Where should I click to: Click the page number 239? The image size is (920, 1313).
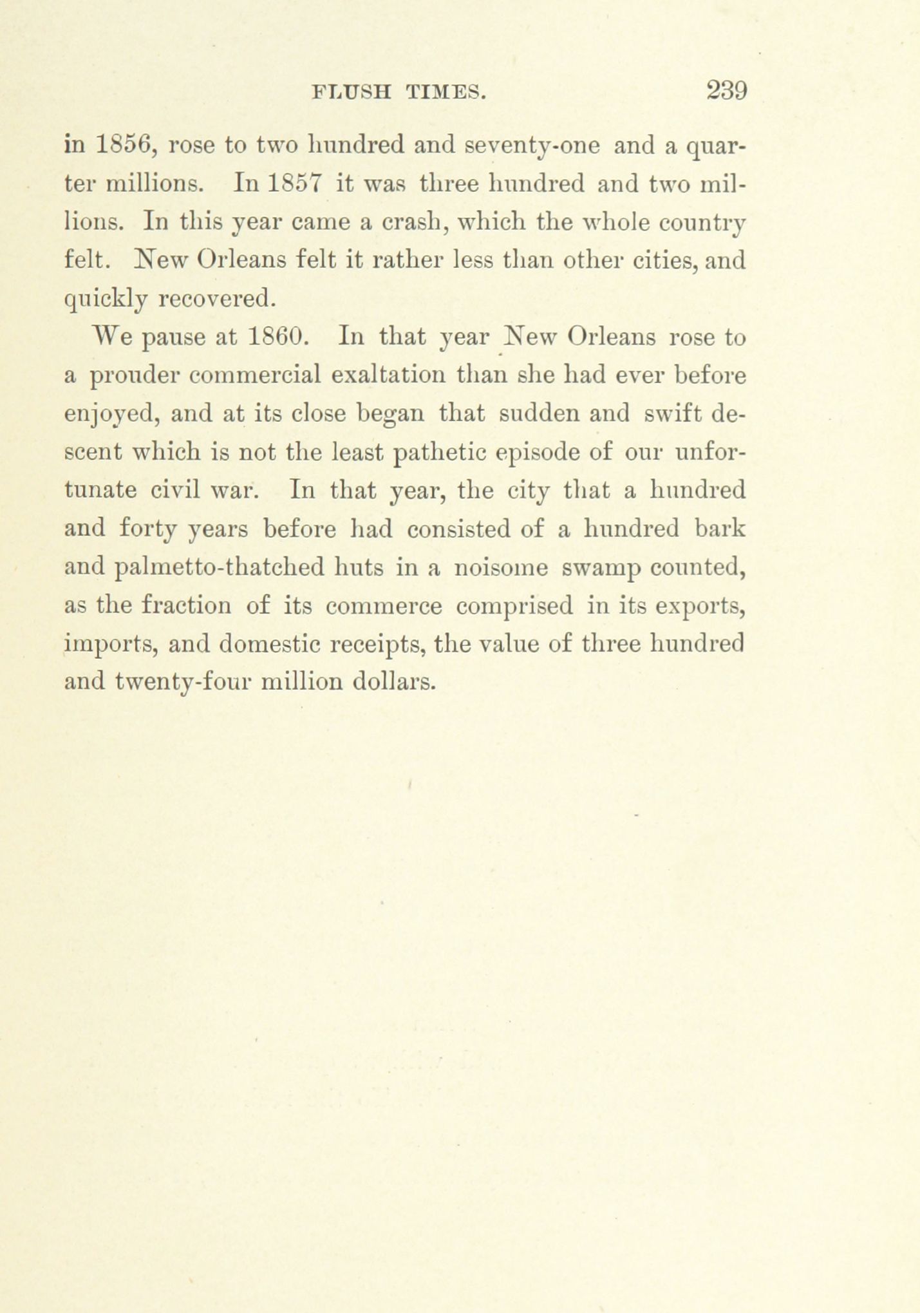point(727,90)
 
